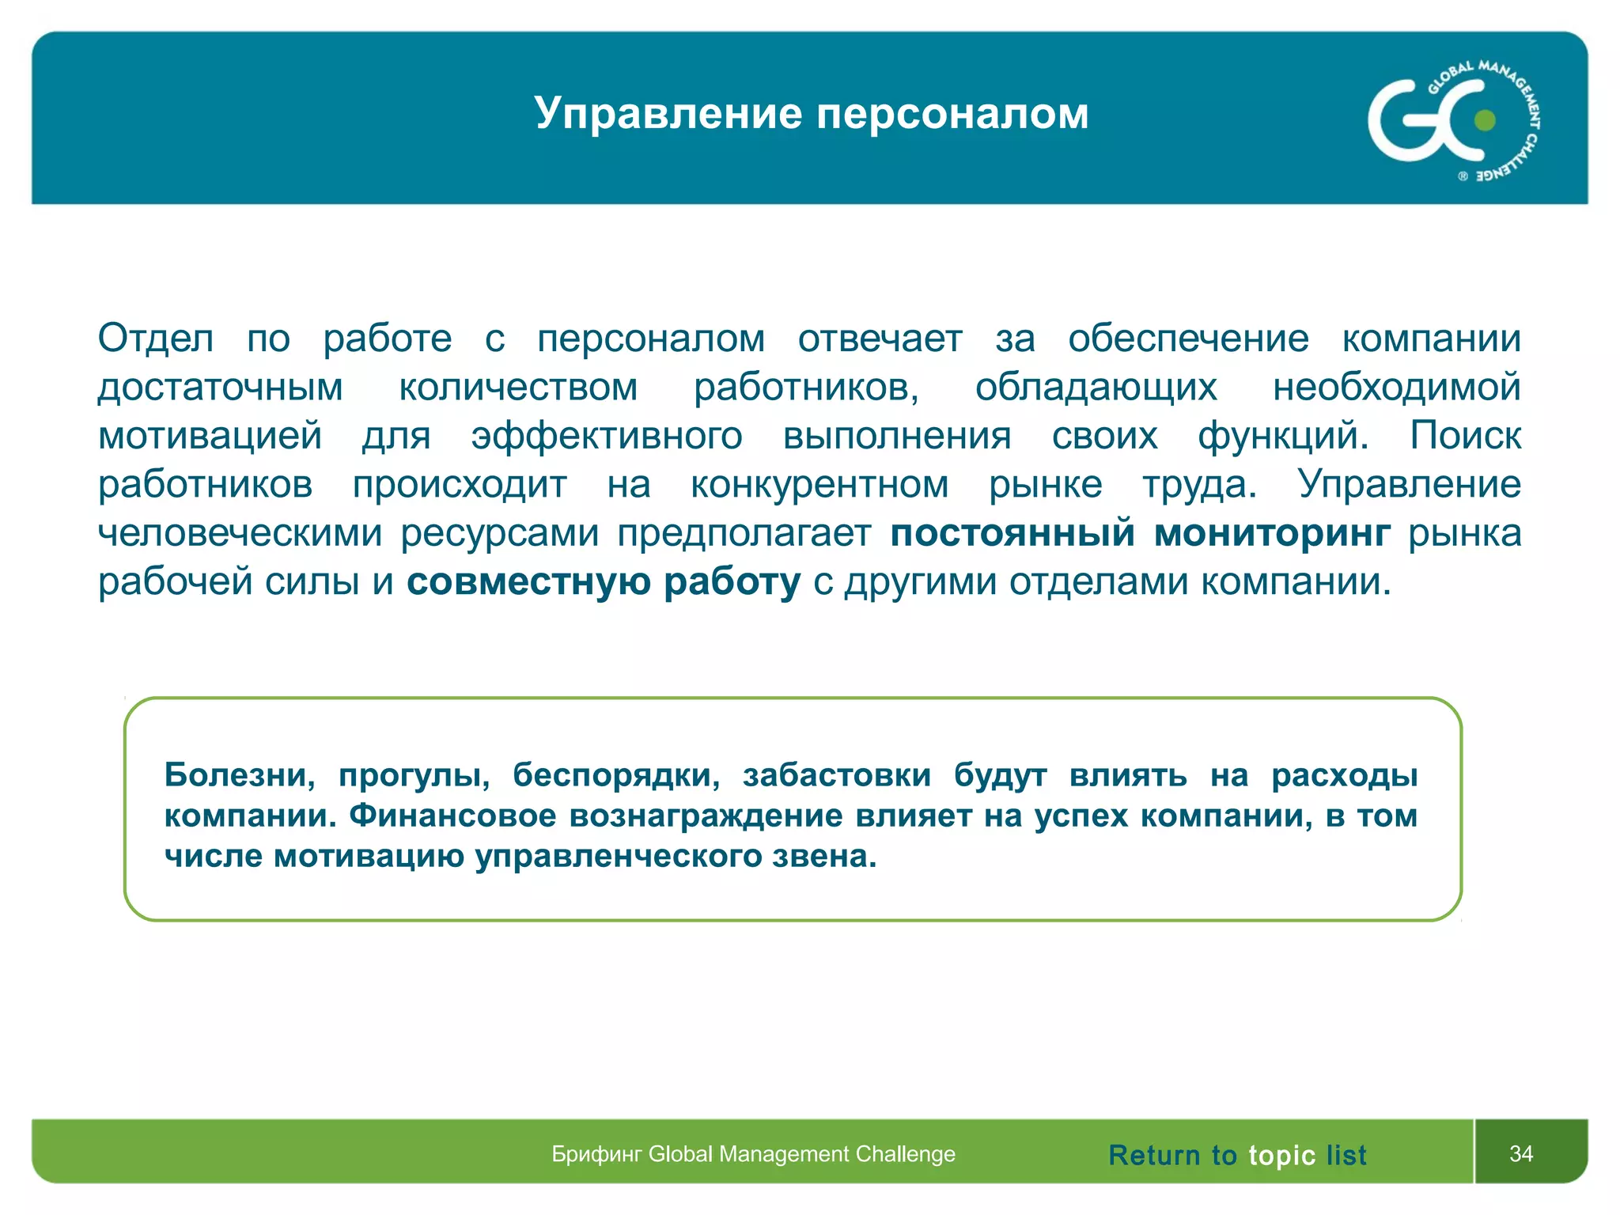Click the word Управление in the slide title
pos(668,113)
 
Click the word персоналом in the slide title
pos(952,113)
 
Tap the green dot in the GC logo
pos(1486,120)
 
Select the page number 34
pos(1521,1153)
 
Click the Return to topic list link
pos(1237,1155)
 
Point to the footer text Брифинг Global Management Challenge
pos(753,1154)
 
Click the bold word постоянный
pos(1013,533)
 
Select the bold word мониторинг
pos(1272,533)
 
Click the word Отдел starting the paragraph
pos(156,339)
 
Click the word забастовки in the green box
pos(836,774)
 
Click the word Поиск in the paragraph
pos(1465,436)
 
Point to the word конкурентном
pos(819,485)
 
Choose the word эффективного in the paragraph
pos(607,436)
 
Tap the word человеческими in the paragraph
pos(240,533)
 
